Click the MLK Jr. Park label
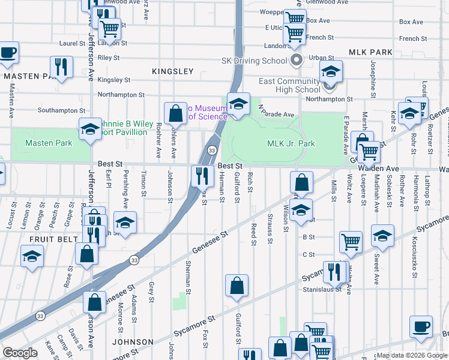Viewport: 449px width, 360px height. (291, 144)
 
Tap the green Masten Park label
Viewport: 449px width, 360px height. (49, 143)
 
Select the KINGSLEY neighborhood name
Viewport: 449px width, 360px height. (172, 71)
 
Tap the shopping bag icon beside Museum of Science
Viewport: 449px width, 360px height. (175, 112)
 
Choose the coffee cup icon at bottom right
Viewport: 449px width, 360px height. (421, 326)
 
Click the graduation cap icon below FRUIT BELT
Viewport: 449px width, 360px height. (32, 257)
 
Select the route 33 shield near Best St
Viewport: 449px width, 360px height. (212, 150)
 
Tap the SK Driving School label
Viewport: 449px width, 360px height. (255, 61)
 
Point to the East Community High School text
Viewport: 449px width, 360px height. (289, 85)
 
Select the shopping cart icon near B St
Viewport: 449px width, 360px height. (351, 242)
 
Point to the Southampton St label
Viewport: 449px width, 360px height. (61, 110)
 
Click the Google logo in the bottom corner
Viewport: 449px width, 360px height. (20, 353)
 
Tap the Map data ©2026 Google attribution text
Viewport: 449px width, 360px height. (412, 356)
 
